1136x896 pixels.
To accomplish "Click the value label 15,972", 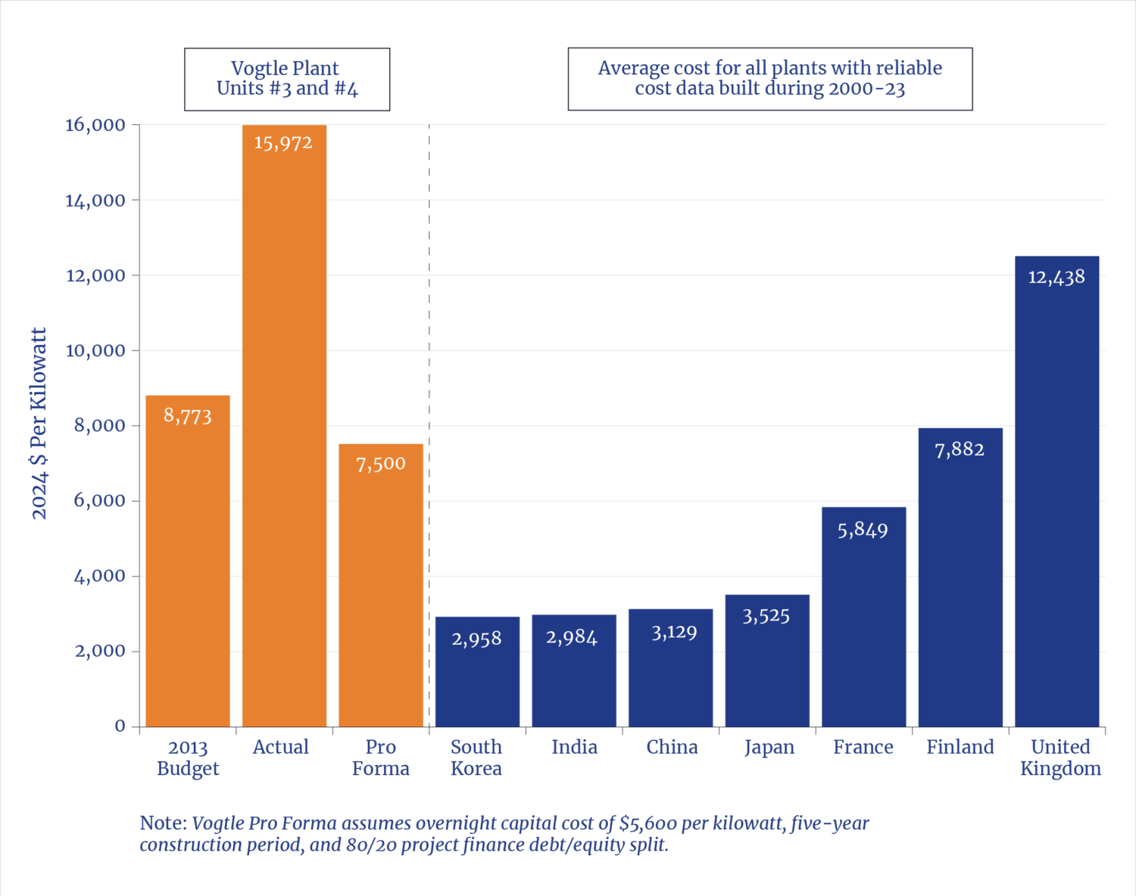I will pos(283,143).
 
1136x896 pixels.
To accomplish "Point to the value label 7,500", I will pos(381,464).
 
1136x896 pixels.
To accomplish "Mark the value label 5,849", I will pos(863,530).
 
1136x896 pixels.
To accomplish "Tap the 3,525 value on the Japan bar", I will pos(766,616).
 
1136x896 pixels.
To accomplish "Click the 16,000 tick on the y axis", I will pos(95,125).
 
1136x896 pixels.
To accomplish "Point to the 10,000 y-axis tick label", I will pos(95,350).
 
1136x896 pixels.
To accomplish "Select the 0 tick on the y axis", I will pos(120,726).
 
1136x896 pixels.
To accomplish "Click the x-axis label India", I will pos(574,748).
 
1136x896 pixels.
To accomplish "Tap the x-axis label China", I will pos(672,748).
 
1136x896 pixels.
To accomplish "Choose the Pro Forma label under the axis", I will pos(380,758).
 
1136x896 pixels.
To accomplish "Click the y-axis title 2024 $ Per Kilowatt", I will pos(39,423).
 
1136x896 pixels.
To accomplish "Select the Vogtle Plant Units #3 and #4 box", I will pos(287,79).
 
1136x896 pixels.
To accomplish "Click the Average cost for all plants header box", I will pos(769,79).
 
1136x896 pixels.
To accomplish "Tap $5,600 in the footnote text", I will pos(648,823).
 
